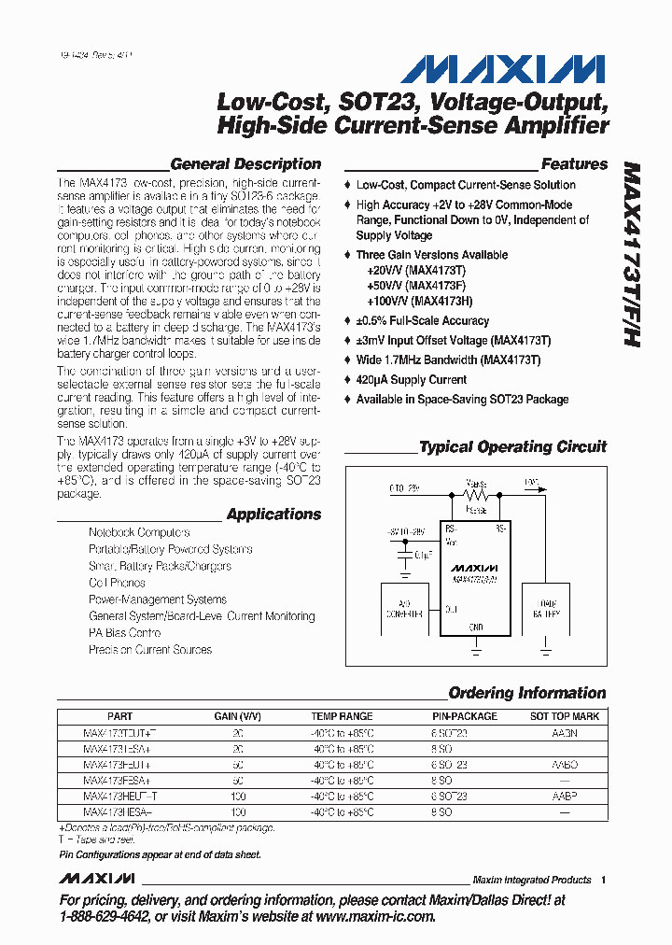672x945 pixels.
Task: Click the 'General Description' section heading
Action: point(245,164)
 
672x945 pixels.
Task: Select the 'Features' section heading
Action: point(574,164)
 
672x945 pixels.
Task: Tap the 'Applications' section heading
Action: point(273,515)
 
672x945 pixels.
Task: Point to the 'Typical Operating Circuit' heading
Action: point(512,447)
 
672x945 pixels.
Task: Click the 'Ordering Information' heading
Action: point(527,693)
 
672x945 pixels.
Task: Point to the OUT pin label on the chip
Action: point(451,609)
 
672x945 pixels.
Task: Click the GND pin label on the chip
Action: point(475,628)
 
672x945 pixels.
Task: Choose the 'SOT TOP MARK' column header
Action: point(565,716)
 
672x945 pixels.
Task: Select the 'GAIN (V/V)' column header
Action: point(237,716)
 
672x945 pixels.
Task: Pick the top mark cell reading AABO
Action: point(565,764)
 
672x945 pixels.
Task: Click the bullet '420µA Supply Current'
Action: point(411,380)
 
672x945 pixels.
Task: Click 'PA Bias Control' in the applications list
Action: point(125,633)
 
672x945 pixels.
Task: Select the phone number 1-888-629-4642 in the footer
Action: point(105,917)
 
